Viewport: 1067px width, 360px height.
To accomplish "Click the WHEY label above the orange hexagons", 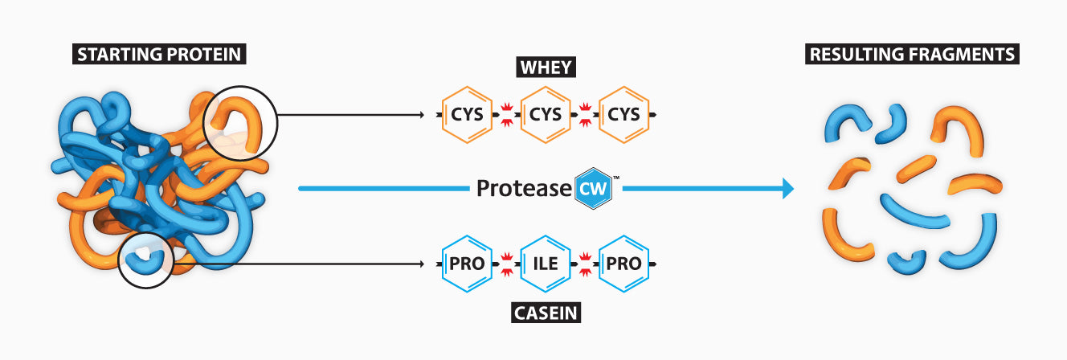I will [x=546, y=67].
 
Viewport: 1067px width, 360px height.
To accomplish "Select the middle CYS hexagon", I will [x=546, y=115].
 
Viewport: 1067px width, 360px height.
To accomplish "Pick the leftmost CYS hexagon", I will [x=468, y=115].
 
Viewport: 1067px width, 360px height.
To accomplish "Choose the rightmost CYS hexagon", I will [x=623, y=115].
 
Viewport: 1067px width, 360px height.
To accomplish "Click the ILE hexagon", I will [x=546, y=263].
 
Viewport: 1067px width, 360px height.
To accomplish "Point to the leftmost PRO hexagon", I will [x=468, y=263].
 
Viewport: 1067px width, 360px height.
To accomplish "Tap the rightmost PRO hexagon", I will [x=623, y=263].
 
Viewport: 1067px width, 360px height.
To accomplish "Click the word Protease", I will [x=524, y=189].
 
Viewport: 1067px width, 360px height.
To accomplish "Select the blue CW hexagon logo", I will [x=594, y=189].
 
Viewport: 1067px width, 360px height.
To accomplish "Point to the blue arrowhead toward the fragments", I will [x=787, y=189].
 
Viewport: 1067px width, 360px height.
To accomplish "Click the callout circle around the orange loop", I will [x=240, y=122].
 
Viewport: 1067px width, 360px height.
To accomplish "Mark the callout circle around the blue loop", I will [x=145, y=260].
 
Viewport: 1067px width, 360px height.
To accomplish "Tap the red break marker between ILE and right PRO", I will [x=585, y=263].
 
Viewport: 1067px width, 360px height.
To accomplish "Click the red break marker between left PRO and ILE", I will [x=507, y=263].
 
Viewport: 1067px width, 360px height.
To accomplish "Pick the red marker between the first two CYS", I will [x=507, y=115].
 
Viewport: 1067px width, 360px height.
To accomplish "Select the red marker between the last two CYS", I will [x=585, y=115].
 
